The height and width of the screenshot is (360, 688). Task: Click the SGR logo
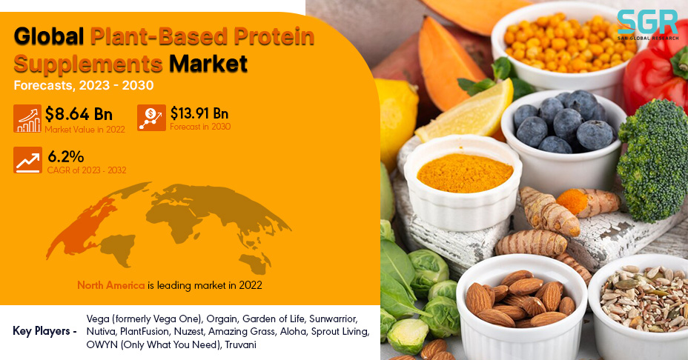648,25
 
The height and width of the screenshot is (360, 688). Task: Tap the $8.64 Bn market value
79,114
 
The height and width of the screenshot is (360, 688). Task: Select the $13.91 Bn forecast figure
199,113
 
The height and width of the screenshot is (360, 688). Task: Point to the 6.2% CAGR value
66,156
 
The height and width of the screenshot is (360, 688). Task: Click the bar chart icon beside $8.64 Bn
27,119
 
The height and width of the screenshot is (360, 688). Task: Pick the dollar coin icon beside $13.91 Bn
151,118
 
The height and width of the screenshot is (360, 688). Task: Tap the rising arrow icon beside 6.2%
27,160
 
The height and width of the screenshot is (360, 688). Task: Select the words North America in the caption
111,285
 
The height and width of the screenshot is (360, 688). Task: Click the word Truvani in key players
240,344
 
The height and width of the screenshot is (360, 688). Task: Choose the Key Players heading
44,331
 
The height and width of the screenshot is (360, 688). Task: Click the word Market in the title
208,64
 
